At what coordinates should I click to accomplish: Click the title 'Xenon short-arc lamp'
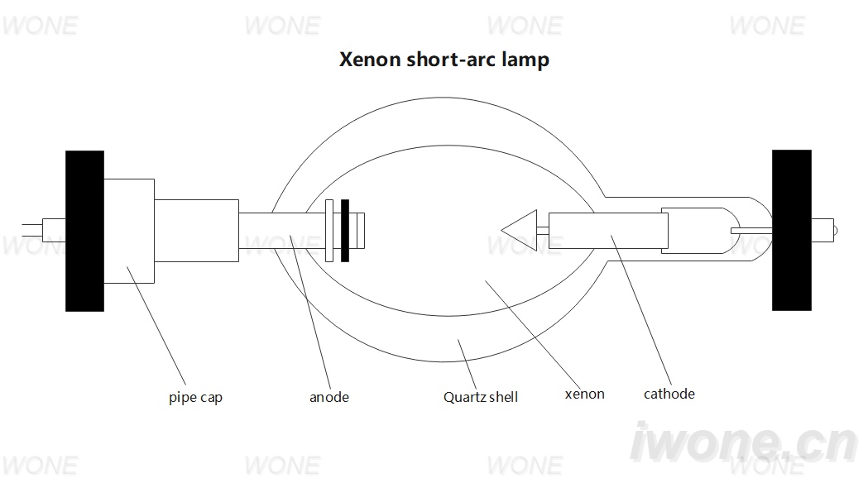point(444,60)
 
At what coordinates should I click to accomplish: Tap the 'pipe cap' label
point(195,398)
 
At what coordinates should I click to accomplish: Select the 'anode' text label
point(328,397)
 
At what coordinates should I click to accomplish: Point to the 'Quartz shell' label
point(481,397)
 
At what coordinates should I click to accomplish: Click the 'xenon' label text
point(584,394)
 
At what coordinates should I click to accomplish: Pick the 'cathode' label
point(669,394)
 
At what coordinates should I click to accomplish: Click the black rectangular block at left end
point(84,231)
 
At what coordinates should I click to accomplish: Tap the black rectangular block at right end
point(792,230)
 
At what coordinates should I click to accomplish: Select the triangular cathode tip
point(520,230)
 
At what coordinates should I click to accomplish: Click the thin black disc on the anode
point(345,231)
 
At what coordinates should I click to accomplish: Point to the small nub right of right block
point(824,230)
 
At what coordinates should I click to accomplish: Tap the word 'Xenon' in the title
point(370,60)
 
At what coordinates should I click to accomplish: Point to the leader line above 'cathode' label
point(641,310)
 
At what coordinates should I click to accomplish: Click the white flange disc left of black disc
point(329,231)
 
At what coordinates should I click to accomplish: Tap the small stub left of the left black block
point(54,230)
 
